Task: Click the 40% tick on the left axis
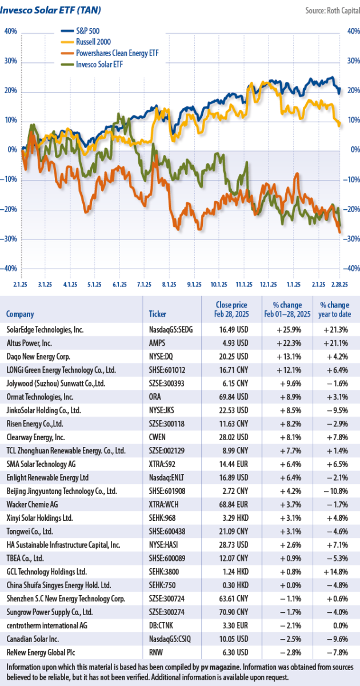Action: coord(10,32)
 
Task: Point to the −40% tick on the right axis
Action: coord(353,269)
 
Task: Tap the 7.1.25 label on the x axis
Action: coord(145,284)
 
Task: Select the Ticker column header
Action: coord(157,314)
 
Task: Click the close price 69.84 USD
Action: coord(231,397)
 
